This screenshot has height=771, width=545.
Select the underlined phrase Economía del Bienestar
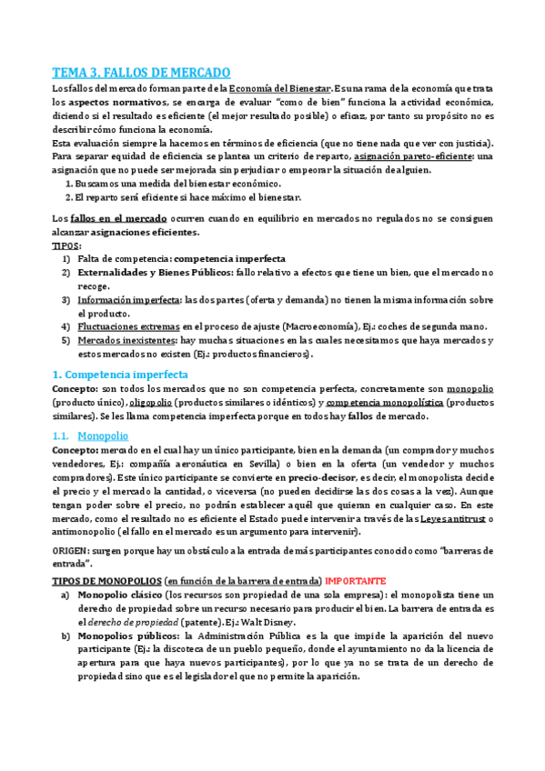pos(280,88)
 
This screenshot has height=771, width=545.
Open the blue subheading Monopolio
pos(103,436)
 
